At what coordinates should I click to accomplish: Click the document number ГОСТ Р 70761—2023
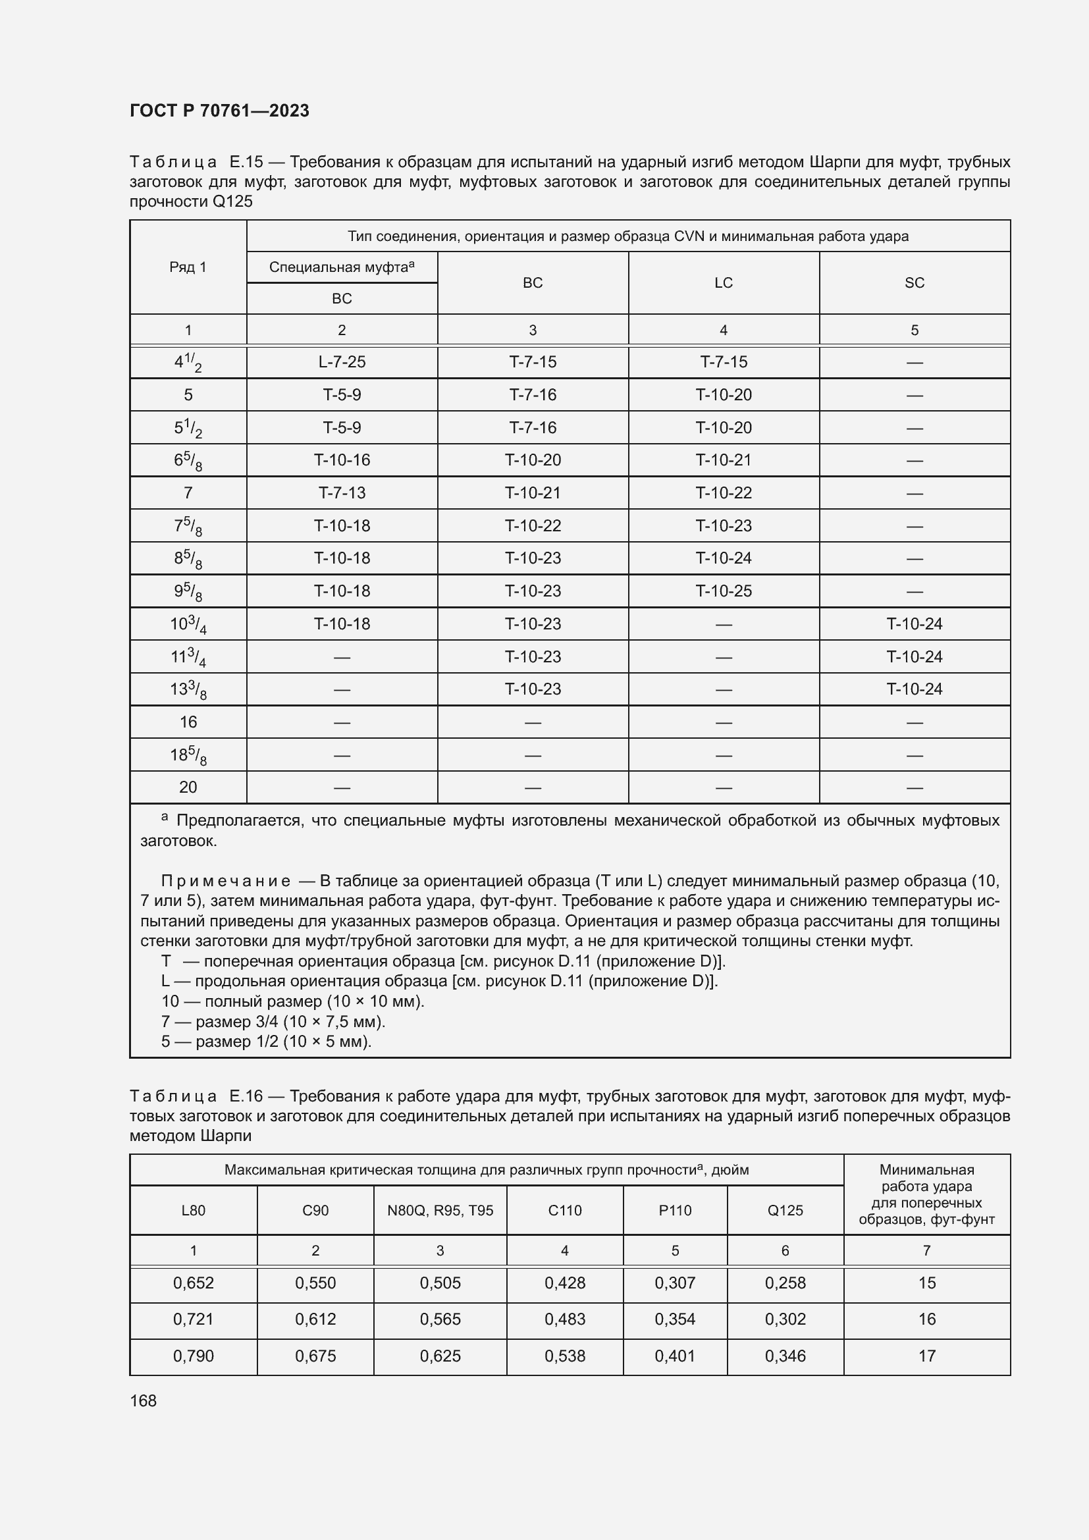[219, 111]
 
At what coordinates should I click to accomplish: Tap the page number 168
[143, 1400]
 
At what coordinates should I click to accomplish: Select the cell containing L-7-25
[342, 362]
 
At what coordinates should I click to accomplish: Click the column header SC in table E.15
[914, 283]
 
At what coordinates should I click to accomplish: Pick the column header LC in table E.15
[723, 283]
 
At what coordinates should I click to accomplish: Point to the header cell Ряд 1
[188, 267]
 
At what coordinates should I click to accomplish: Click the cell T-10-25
[723, 591]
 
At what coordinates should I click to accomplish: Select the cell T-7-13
[342, 493]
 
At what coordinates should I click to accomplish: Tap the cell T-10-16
[342, 460]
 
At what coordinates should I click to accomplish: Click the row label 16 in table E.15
[188, 722]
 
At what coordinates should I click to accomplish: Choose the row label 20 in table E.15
[188, 787]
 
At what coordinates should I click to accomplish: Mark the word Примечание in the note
[225, 881]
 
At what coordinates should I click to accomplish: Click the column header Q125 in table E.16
[785, 1211]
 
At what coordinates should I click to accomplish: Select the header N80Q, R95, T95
[440, 1211]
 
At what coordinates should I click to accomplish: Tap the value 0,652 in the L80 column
[193, 1283]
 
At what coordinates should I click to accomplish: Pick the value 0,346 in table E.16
[785, 1356]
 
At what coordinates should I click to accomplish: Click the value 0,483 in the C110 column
[565, 1319]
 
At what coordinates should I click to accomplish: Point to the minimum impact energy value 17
[926, 1356]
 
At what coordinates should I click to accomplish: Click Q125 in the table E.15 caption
[232, 202]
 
